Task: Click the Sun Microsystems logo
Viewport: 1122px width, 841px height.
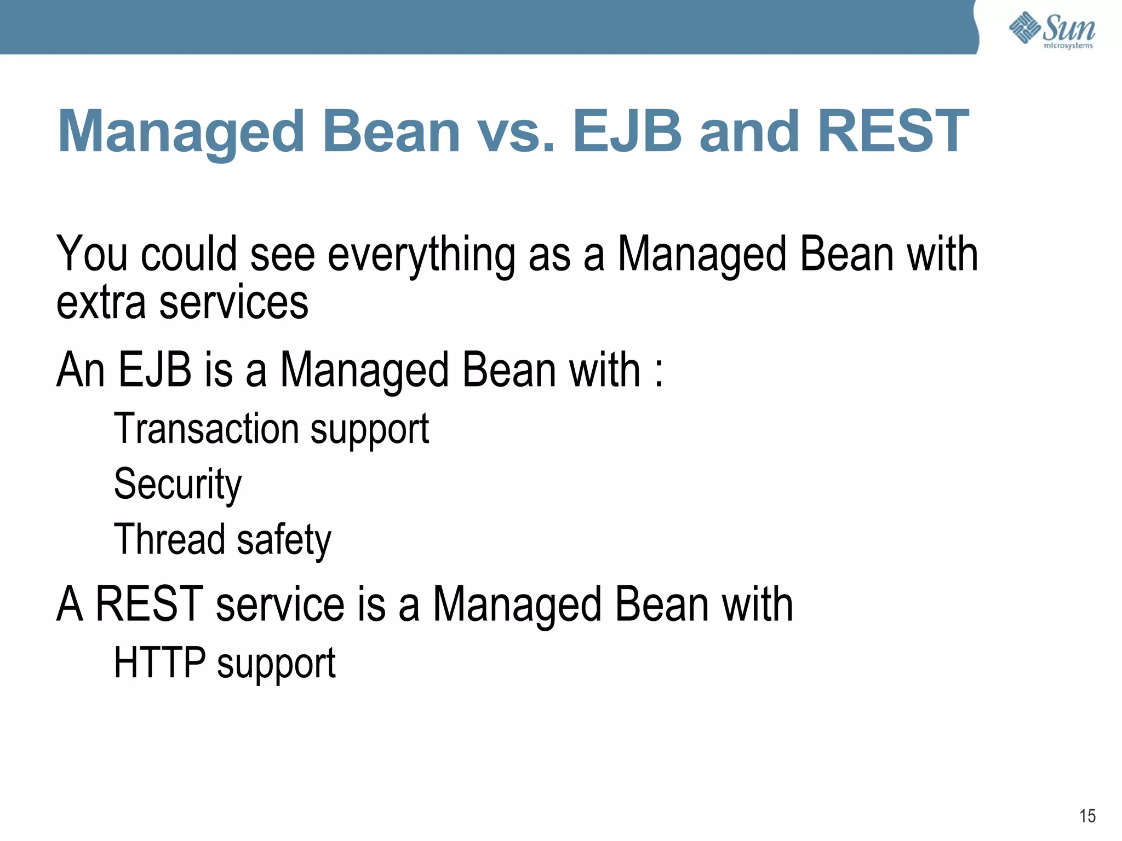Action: (x=1051, y=30)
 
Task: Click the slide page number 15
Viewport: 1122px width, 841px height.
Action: (x=1087, y=816)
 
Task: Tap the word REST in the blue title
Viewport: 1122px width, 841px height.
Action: (x=893, y=131)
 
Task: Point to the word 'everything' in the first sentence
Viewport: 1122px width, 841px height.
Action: (x=421, y=255)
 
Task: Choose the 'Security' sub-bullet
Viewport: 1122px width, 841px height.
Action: (x=178, y=485)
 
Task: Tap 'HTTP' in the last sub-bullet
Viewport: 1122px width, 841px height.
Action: (x=159, y=663)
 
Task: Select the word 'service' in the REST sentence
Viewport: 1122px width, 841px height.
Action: (x=280, y=605)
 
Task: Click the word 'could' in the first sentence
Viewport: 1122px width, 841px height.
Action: (x=189, y=254)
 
